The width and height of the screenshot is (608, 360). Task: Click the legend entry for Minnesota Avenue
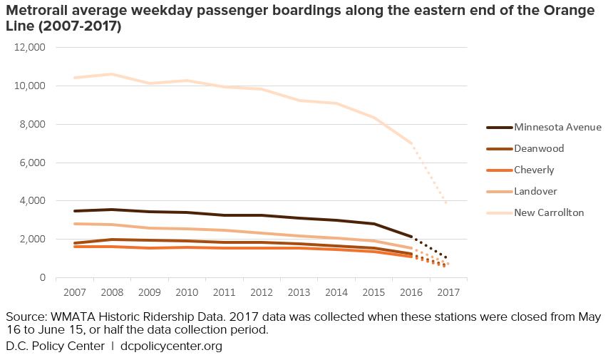pos(547,127)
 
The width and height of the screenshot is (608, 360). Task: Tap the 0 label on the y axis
pos(43,277)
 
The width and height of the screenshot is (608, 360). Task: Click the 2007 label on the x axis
pos(74,292)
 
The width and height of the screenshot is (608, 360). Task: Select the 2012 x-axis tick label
pos(262,292)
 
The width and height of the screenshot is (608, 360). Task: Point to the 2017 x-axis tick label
pos(448,292)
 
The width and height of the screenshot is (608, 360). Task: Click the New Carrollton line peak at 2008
pos(112,74)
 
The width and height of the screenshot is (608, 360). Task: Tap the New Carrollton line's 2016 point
pos(411,143)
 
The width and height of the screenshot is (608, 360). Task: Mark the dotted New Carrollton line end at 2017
pos(448,204)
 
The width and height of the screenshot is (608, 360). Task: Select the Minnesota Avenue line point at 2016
pos(411,237)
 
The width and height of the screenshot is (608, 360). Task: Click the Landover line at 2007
pos(74,224)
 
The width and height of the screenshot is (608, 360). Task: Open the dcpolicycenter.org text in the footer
pos(171,346)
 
